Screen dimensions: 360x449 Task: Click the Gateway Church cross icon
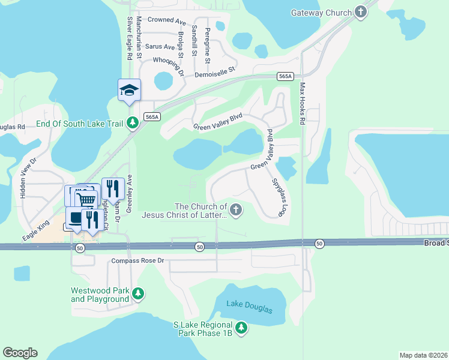(x=360, y=12)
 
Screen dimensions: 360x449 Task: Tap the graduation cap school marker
(x=129, y=91)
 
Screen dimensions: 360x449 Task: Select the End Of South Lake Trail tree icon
(x=132, y=124)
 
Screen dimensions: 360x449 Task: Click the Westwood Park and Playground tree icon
(x=139, y=293)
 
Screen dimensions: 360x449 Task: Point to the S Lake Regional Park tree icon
(x=241, y=328)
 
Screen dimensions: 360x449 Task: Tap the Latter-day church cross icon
(x=236, y=210)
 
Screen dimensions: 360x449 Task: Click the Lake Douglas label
(x=249, y=309)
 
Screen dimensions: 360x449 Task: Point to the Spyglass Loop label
(x=278, y=197)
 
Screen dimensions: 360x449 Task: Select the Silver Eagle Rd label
(x=129, y=38)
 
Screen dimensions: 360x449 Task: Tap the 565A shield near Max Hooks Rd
(x=286, y=76)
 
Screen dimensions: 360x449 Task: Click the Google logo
(x=20, y=353)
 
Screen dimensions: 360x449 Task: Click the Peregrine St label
(x=207, y=46)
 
